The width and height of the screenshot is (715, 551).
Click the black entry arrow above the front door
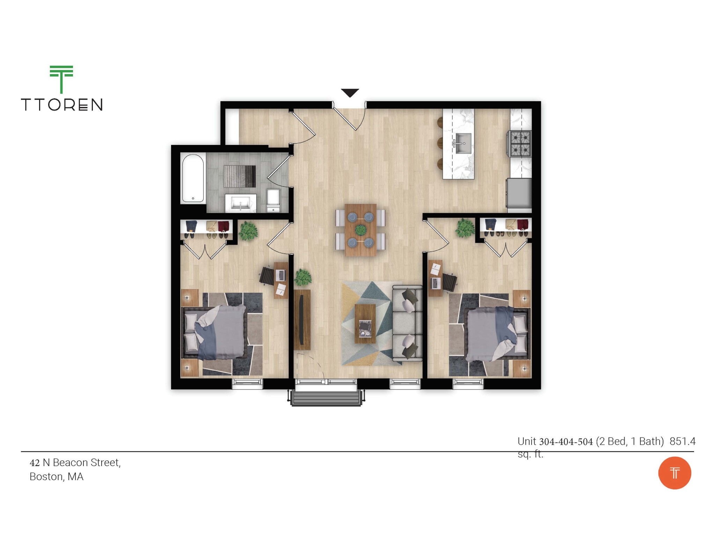350,93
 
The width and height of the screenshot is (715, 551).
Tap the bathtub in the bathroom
192,178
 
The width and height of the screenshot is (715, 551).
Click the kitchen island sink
463,143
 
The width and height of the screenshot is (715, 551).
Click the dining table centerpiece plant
361,230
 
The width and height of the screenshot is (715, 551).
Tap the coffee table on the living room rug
365,324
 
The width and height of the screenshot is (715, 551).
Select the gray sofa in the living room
407,323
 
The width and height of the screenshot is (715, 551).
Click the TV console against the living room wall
302,319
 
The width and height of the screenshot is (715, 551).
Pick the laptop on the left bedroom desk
281,275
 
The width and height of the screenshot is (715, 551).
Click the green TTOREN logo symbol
61,79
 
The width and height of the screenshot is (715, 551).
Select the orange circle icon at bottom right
674,473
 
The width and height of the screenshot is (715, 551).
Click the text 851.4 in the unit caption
682,441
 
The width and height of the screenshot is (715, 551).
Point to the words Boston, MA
57,477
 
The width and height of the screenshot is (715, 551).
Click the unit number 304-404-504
566,442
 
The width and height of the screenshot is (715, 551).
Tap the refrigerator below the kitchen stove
519,194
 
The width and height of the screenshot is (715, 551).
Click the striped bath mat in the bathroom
239,176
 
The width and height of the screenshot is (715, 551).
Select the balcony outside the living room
326,398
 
